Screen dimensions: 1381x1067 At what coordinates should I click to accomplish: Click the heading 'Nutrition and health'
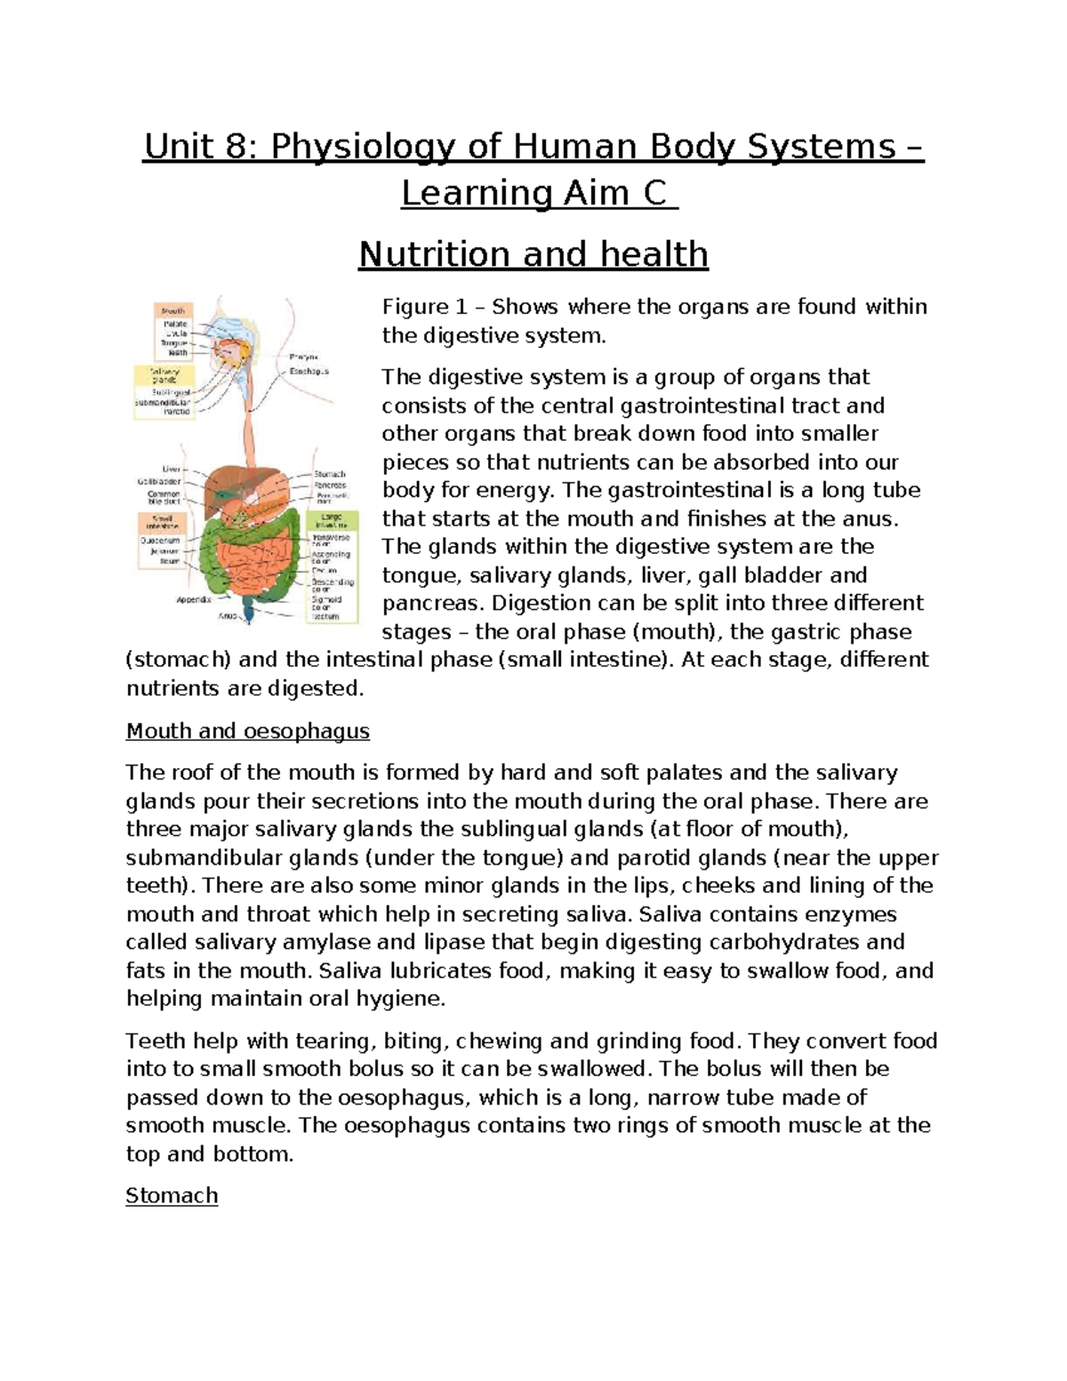pyautogui.click(x=533, y=254)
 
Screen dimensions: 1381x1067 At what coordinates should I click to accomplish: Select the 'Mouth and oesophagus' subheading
pyautogui.click(x=247, y=731)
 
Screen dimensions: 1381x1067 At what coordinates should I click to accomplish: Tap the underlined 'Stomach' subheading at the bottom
pyautogui.click(x=172, y=1195)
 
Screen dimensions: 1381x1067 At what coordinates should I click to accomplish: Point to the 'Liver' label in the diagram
pyautogui.click(x=171, y=469)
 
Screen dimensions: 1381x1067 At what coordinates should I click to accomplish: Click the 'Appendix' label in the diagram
pyautogui.click(x=194, y=599)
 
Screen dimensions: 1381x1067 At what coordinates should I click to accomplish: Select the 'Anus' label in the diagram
pyautogui.click(x=228, y=614)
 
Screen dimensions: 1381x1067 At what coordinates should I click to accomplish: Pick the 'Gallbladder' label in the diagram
pyautogui.click(x=159, y=481)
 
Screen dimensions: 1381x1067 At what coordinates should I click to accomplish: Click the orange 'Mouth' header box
pyautogui.click(x=173, y=311)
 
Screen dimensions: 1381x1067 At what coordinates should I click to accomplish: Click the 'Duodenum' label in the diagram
pyautogui.click(x=160, y=540)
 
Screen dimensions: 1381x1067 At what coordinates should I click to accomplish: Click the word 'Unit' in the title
pyautogui.click(x=173, y=147)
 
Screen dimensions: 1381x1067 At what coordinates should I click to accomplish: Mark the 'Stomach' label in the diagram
pyautogui.click(x=329, y=474)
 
